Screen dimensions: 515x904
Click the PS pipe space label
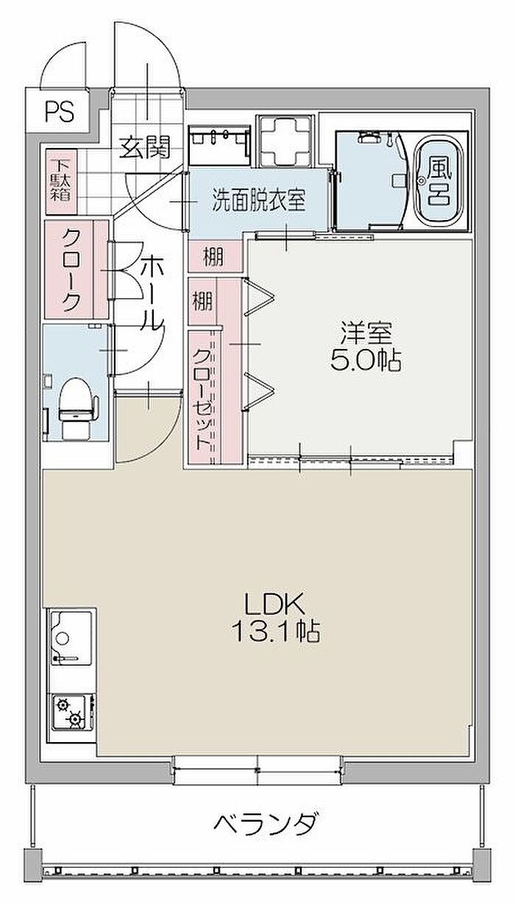[x=60, y=111]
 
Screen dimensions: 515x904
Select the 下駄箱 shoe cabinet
[x=61, y=181]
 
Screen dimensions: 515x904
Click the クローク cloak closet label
[x=71, y=269]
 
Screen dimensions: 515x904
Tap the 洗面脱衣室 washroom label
[x=259, y=199]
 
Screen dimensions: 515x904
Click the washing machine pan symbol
[x=286, y=141]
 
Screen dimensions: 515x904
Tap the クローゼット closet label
[x=202, y=400]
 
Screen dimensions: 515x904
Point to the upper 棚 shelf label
[x=213, y=256]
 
